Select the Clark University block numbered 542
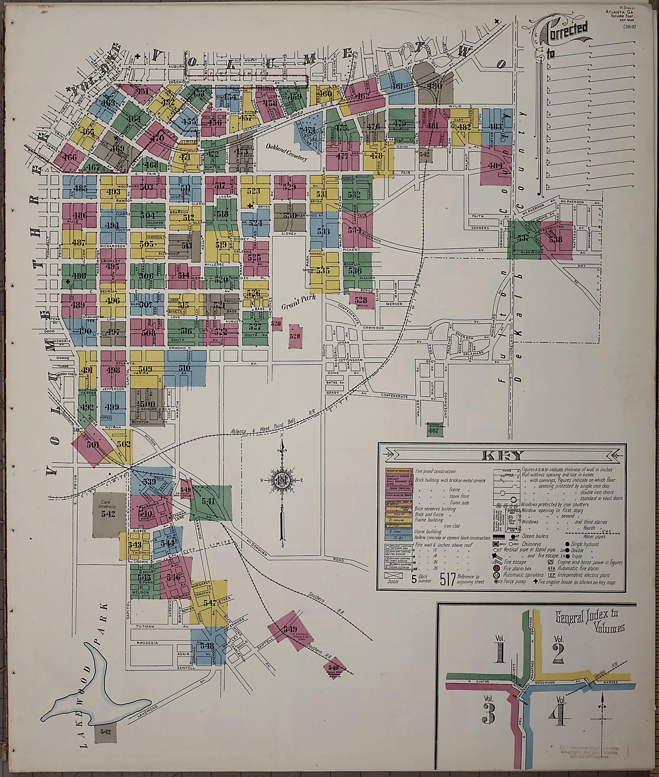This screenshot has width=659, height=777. tap(109, 514)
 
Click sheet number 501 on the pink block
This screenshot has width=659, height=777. tap(93, 445)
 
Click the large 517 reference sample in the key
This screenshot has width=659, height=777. tap(448, 579)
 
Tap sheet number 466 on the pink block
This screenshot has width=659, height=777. tap(70, 157)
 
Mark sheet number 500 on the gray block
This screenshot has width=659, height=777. tap(147, 404)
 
